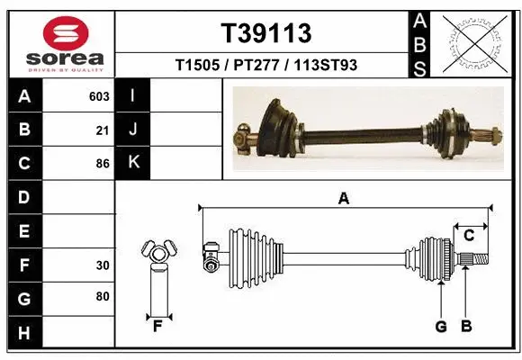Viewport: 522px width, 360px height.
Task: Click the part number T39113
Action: (266, 33)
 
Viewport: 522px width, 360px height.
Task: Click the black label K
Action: (133, 163)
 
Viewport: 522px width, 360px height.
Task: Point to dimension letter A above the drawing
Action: (343, 199)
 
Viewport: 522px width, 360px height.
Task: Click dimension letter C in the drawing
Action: (469, 235)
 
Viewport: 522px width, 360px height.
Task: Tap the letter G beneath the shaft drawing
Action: (441, 326)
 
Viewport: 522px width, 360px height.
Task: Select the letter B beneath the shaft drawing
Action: (465, 326)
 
